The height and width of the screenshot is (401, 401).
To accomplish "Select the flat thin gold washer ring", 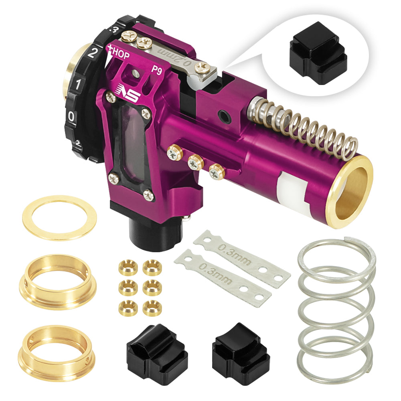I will pos(59,217).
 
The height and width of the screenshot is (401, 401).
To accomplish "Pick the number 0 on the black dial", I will pos(71,117).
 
